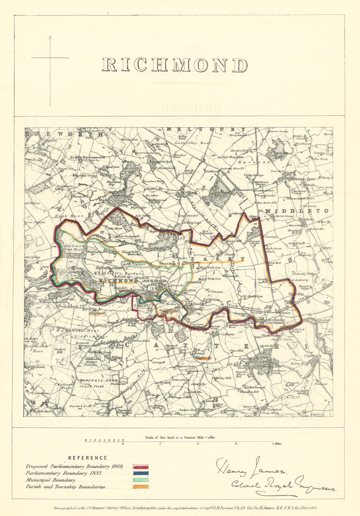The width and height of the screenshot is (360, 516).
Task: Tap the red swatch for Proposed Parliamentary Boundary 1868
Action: (141, 467)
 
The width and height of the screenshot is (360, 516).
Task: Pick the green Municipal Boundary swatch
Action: (141, 480)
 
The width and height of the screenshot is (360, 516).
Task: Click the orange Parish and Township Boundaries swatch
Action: (141, 487)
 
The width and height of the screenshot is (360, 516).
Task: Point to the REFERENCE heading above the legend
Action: (87, 458)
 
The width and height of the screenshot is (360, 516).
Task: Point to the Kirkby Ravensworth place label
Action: (84, 157)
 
